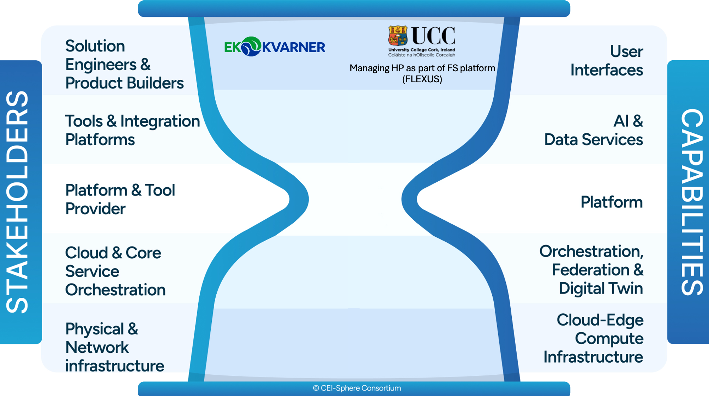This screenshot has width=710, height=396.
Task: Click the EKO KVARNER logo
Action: point(274,47)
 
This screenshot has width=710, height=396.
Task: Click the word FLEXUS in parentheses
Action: point(422,79)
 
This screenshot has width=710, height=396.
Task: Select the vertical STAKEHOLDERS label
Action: point(18,202)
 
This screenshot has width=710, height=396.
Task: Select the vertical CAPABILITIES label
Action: point(692,202)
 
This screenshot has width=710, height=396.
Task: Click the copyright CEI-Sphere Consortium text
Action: point(357,388)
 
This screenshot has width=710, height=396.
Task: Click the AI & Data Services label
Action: point(594,130)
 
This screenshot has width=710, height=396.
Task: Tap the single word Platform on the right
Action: point(611,202)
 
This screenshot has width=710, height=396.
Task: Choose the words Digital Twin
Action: point(601,288)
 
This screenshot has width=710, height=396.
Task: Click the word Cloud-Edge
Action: point(600,320)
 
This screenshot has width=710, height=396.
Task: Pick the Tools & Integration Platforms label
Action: point(132,130)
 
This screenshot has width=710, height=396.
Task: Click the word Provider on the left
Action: point(95,209)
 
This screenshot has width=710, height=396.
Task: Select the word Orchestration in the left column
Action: point(115,290)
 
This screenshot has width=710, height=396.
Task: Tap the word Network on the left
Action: point(97,347)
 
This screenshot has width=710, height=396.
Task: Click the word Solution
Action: point(95,46)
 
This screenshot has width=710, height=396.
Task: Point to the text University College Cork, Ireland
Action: point(422,50)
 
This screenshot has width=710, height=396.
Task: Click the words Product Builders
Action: point(124,83)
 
